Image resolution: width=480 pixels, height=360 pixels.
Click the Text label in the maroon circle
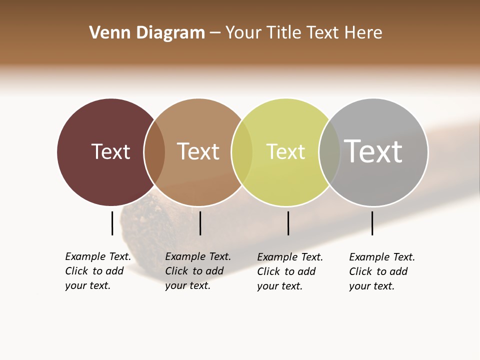pos(110,151)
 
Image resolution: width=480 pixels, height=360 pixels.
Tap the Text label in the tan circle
pos(198,151)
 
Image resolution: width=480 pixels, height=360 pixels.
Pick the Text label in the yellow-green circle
pos(285,151)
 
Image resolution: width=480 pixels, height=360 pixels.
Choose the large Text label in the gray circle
pos(373,151)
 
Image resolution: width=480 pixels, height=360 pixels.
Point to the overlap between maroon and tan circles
pos(154,152)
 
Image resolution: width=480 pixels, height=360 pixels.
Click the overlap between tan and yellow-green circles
pos(242,152)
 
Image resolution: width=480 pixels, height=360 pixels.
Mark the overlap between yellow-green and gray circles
pos(329,152)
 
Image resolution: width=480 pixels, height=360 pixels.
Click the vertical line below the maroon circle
pos(112,223)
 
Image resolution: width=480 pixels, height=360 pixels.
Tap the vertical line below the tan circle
pos(200,223)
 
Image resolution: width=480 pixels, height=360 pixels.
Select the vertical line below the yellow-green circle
pos(288,223)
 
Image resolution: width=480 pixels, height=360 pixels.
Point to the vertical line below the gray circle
pos(372,223)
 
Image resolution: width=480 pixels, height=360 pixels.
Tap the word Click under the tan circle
pos(176,271)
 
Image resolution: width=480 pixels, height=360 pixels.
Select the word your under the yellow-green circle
pos(267,286)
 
